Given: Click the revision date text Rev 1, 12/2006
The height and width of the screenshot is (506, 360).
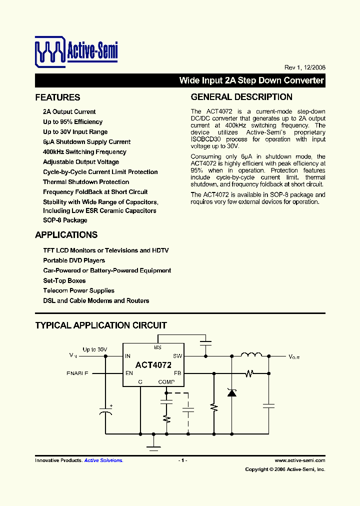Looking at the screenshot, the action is [304, 67].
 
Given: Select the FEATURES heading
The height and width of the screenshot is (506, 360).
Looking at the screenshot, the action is [57, 97].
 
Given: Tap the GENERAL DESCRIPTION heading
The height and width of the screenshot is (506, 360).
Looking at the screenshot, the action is [241, 97].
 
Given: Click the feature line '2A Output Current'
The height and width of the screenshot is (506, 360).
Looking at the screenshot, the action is [69, 112].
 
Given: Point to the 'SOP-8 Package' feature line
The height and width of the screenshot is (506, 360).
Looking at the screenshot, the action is [65, 220].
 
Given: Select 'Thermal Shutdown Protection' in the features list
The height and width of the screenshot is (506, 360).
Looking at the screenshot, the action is [86, 182].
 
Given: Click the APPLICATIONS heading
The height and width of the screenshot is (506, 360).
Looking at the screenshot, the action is [66, 235].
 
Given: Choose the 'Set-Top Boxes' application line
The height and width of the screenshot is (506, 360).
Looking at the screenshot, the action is [64, 280].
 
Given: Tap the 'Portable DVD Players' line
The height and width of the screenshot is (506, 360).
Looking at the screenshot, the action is [74, 260].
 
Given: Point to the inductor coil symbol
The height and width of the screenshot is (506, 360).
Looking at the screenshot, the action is [251, 355].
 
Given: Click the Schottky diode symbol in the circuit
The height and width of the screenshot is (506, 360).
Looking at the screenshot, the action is [231, 392].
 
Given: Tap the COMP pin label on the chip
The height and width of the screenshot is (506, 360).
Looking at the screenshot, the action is [166, 382].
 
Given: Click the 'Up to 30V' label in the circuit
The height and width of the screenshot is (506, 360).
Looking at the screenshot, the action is [95, 349].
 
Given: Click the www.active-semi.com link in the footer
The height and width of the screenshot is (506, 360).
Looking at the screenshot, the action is [300, 460].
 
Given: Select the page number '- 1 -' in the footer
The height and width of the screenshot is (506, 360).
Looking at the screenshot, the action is [182, 460].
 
